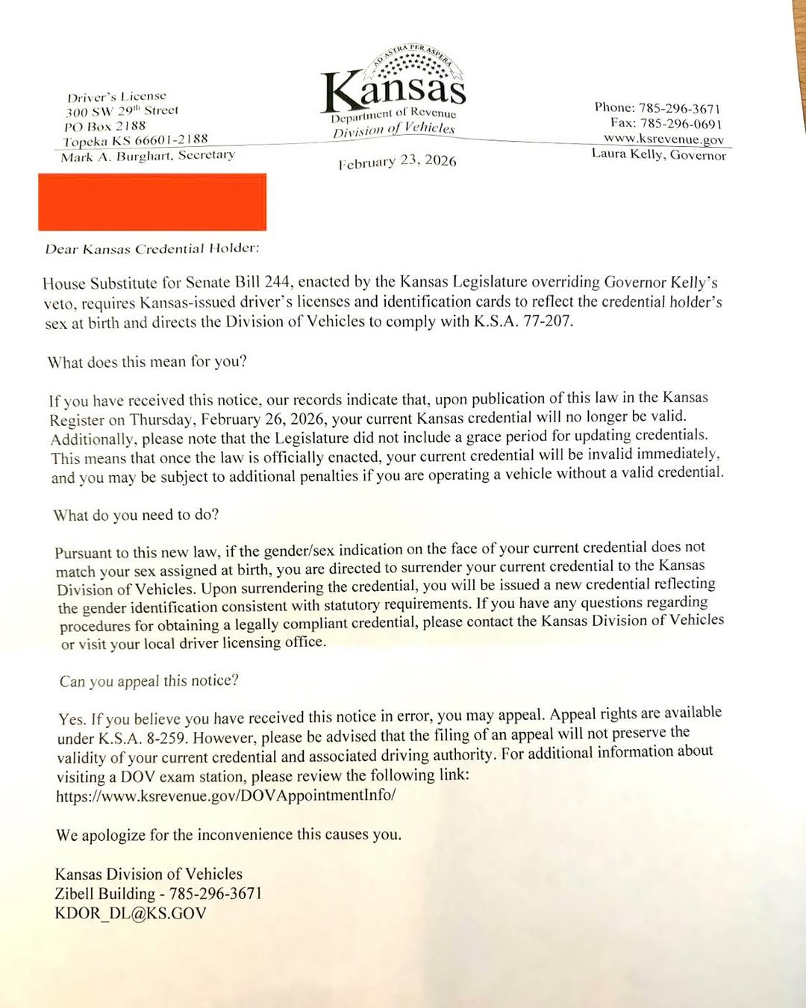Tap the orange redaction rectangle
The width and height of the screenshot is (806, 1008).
point(152,201)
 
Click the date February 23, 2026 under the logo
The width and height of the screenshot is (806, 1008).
point(397,161)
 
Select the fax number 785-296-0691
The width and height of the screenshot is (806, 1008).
point(666,123)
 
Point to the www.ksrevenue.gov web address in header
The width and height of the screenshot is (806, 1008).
point(663,139)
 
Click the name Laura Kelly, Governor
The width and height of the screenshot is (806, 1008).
point(658,154)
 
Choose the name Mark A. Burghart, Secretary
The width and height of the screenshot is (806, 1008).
point(148,156)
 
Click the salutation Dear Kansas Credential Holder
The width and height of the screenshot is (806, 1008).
point(152,248)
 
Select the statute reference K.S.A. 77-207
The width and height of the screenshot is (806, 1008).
point(523,322)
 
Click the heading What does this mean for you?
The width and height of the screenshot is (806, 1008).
point(147,362)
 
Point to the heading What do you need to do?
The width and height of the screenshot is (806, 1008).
point(136,515)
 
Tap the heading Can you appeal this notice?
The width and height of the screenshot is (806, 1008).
point(149,680)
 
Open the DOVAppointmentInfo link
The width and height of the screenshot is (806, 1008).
point(225,795)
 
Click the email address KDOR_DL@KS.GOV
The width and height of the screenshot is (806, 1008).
point(131,913)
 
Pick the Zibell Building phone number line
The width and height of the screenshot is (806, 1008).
point(158,894)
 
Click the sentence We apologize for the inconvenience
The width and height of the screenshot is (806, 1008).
point(228,835)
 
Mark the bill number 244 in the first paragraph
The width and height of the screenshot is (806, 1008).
point(277,283)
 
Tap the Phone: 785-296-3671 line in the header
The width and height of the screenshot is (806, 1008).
point(657,107)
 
